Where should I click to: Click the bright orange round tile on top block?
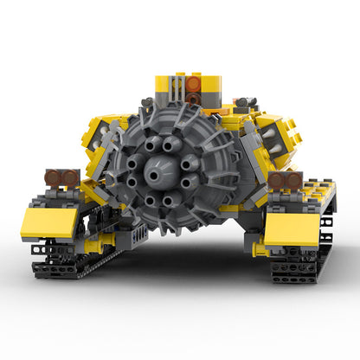194,84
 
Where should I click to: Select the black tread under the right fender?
299,265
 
